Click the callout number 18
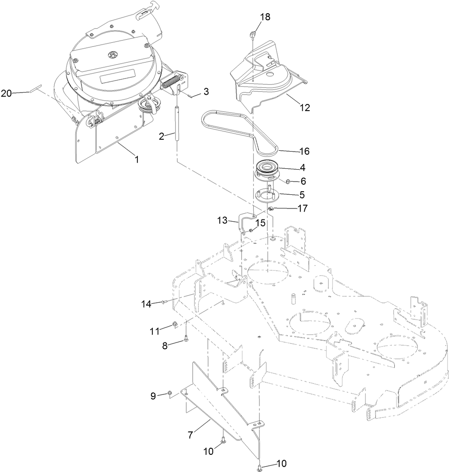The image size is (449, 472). coord(265,17)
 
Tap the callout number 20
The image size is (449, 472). coord(6,93)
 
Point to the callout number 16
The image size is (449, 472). coord(304,151)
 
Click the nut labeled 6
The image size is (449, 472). coord(286,181)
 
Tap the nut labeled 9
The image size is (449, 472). coord(169,394)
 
